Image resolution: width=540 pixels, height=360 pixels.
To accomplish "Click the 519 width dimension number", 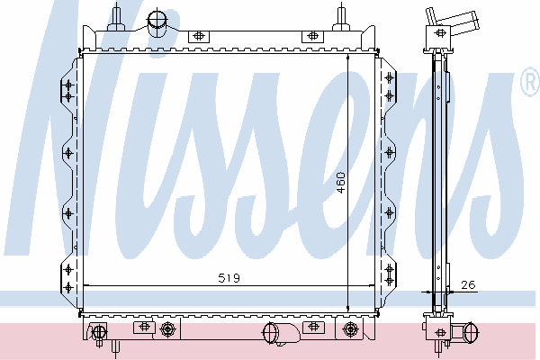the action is [x=229, y=278].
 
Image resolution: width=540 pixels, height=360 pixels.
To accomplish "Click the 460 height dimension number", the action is [x=340, y=183].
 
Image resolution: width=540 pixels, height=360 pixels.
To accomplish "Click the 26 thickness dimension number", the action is [x=468, y=284].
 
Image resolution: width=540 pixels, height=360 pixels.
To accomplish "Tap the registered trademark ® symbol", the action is [x=531, y=82].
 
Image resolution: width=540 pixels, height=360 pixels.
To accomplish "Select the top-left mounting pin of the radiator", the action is [x=116, y=17].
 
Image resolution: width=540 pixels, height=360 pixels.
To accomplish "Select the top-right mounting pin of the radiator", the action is [x=341, y=17].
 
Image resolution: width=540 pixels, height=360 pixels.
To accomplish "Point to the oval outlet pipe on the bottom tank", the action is [x=270, y=333].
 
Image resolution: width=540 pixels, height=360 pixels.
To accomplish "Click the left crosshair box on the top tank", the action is [x=198, y=35].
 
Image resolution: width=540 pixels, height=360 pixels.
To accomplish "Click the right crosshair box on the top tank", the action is [x=312, y=35].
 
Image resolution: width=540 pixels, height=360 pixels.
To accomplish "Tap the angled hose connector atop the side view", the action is [x=452, y=21].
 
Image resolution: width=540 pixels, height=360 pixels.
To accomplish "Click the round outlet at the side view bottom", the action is [x=471, y=332].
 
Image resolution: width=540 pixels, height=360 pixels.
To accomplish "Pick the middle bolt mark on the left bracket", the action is [x=68, y=153].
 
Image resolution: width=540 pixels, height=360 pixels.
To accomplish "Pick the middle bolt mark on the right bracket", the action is [x=390, y=152].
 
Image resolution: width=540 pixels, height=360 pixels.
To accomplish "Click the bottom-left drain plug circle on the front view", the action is [x=99, y=331].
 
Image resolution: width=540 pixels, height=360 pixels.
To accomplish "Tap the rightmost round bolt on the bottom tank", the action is [x=350, y=329].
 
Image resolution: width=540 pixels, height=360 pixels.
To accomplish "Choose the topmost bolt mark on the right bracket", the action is [x=390, y=78].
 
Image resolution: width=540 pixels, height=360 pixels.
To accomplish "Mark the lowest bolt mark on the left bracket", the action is [x=68, y=287].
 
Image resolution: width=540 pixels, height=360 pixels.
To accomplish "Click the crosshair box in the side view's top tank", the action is [x=440, y=33].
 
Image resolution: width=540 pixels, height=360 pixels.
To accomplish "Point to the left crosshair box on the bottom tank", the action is [x=144, y=327].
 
